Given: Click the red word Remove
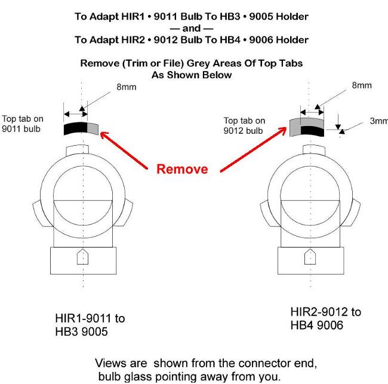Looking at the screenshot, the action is (x=182, y=169).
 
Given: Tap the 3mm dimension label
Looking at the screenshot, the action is (x=379, y=121).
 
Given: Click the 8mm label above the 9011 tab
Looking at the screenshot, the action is (x=126, y=87).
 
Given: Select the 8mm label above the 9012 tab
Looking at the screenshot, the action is (x=362, y=85).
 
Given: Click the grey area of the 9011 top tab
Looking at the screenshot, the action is (x=93, y=128).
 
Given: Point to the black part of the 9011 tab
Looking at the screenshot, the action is (x=75, y=128).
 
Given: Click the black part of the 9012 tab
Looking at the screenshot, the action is (x=312, y=131).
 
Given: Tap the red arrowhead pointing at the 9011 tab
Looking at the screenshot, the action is (x=104, y=136).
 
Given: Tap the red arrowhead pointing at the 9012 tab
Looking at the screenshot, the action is (x=282, y=130).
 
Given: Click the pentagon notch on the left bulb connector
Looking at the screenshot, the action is (x=82, y=257).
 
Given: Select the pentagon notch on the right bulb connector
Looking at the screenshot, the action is (x=310, y=257).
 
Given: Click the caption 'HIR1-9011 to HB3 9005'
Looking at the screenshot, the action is (x=90, y=325).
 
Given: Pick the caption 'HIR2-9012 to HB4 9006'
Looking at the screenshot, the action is (x=326, y=318).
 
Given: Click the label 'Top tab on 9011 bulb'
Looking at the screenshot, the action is (x=23, y=124).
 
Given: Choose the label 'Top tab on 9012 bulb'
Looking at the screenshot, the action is (x=244, y=125).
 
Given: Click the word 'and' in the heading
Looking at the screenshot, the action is (x=191, y=29).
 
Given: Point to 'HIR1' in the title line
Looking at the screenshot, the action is (x=133, y=17).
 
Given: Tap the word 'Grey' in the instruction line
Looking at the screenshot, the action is (x=198, y=63).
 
